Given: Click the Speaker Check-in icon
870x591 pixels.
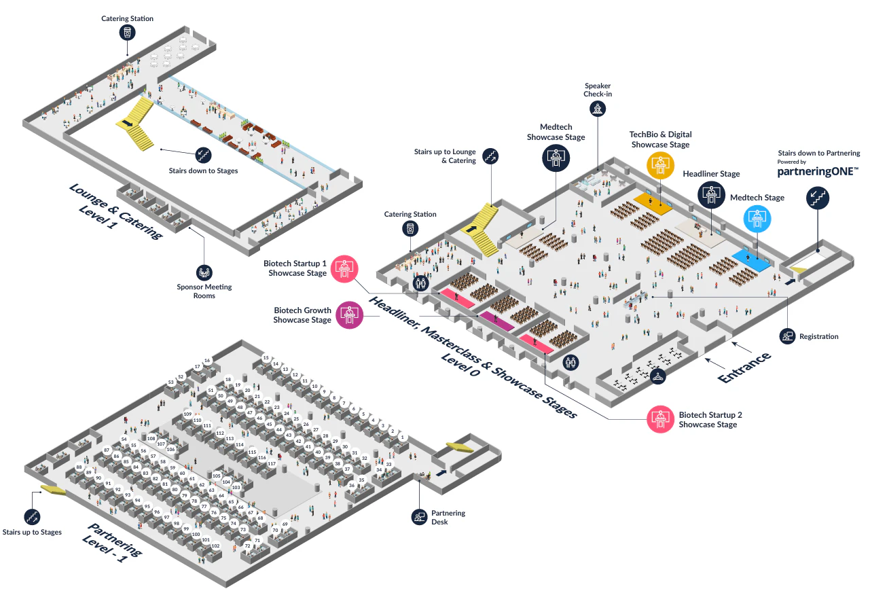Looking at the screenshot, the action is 598,109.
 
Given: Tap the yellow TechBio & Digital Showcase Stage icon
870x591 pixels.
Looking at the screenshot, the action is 660,165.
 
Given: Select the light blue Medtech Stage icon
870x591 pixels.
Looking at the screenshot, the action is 757,219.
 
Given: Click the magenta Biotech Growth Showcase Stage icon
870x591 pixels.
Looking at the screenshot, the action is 350,315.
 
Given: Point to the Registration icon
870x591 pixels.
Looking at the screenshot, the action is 788,336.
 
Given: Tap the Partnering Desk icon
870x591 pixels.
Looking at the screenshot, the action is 420,517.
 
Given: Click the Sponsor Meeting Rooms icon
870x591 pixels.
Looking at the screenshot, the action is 204,272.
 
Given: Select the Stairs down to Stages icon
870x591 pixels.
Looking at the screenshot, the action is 203,155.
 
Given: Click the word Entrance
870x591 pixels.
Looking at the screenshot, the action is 744,368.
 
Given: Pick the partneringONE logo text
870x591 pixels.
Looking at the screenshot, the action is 818,171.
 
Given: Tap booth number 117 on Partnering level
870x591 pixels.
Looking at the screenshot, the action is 272,463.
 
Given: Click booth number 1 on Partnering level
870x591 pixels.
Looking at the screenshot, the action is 402,437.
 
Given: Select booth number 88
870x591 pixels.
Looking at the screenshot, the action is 79,467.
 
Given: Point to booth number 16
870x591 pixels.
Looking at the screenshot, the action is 207,361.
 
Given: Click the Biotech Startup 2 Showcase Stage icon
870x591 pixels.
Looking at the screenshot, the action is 660,419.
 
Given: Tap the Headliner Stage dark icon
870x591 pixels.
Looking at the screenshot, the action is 711,194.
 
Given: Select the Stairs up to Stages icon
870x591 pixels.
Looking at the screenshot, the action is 32,517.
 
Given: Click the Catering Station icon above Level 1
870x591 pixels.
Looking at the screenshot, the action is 128,32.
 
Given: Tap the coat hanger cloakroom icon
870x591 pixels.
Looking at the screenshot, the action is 658,376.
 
